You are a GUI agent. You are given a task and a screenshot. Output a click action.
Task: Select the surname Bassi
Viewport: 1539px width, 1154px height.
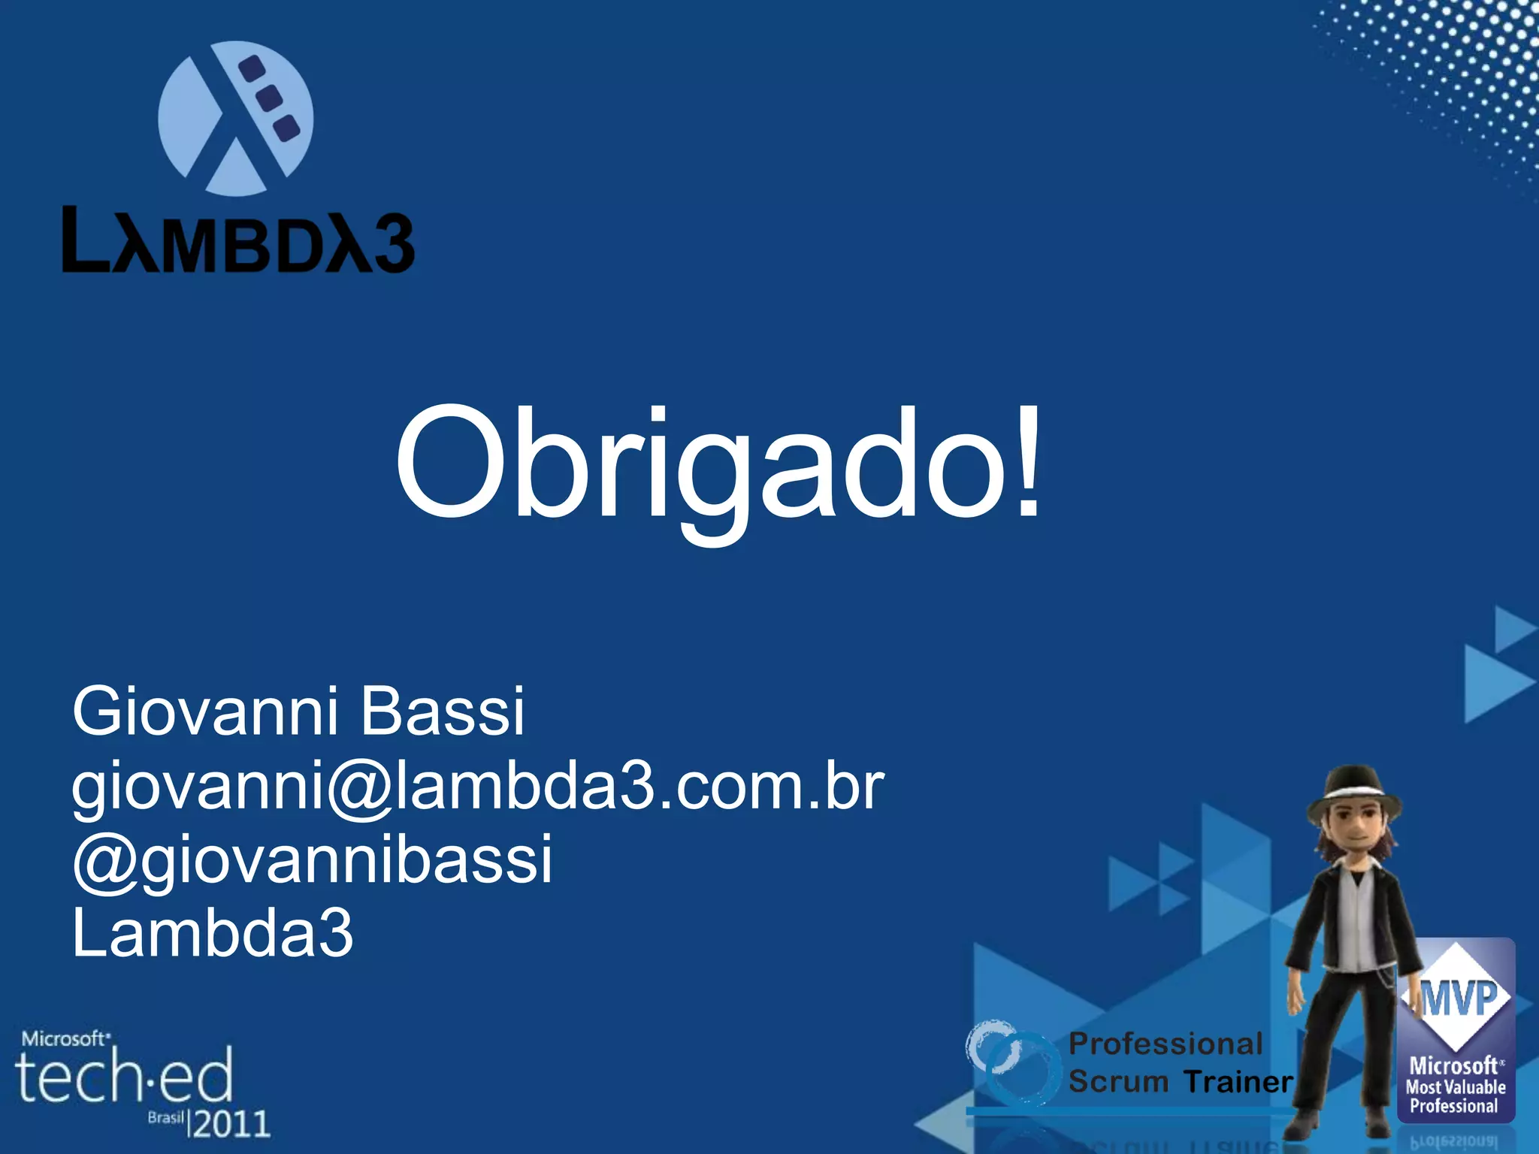442,711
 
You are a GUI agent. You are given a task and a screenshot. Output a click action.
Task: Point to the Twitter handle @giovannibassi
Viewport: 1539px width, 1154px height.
313,859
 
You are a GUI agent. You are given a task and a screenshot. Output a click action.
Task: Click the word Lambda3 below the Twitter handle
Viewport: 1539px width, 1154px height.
212,933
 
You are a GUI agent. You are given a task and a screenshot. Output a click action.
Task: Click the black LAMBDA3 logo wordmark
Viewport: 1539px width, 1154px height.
237,240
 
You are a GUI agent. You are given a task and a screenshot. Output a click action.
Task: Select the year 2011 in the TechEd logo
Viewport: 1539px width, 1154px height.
231,1124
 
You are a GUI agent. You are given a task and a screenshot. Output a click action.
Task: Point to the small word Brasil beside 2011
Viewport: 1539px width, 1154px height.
165,1118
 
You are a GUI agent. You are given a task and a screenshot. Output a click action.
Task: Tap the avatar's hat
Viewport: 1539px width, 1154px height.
1353,796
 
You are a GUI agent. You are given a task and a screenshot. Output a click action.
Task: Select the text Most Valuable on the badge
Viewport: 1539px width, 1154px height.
1456,1086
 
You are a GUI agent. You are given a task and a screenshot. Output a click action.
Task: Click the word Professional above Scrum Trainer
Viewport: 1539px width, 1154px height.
1166,1044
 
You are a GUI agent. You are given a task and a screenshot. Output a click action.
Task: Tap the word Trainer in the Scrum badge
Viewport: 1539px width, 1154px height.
1238,1082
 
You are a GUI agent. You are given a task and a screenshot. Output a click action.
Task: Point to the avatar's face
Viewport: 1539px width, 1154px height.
1354,832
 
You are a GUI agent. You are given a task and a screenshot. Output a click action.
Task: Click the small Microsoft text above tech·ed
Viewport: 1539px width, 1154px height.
65,1039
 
